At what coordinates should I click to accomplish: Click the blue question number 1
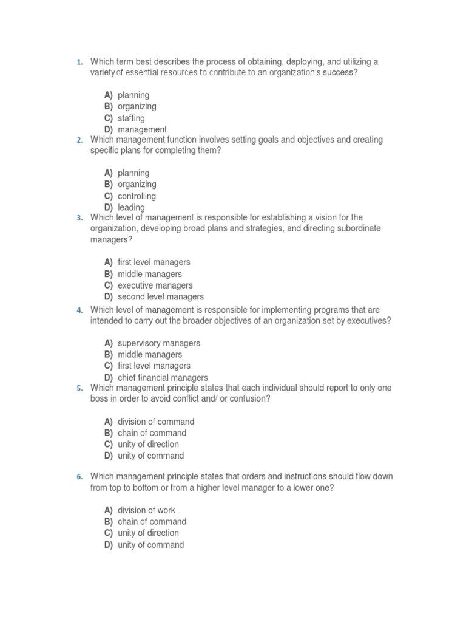pos(79,62)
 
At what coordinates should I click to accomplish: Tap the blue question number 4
pos(79,310)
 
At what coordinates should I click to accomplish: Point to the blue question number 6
pos(79,477)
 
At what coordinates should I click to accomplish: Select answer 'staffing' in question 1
pos(131,118)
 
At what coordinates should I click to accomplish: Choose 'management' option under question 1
pos(142,129)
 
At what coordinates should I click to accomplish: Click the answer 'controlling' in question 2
pos(137,196)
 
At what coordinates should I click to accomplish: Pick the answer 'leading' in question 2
pos(131,207)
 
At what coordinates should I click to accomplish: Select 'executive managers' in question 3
pos(155,285)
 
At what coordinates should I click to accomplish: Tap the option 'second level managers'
pos(160,297)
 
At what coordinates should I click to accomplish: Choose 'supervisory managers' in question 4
pos(158,343)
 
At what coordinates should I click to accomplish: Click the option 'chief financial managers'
pos(163,377)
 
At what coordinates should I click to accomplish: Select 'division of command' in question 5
pos(156,422)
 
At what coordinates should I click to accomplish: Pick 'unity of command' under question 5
pos(150,456)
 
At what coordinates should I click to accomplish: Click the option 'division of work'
pos(146,510)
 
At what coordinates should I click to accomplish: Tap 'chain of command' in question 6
pos(152,522)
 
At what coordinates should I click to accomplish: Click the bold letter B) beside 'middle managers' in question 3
pos(108,274)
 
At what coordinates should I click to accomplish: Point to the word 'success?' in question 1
pos(340,73)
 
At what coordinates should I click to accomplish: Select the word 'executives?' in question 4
pos(369,321)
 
